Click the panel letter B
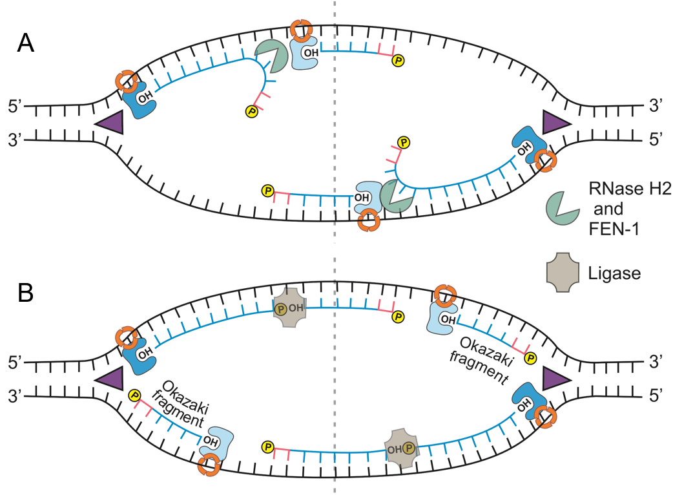pyautogui.click(x=26, y=292)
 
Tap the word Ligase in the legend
pyautogui.click(x=615, y=273)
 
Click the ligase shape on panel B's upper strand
pyautogui.click(x=289, y=308)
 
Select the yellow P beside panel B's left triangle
pyautogui.click(x=136, y=395)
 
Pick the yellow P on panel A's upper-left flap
pyautogui.click(x=251, y=112)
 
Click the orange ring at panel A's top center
pyautogui.click(x=300, y=29)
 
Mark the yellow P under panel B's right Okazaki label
pyautogui.click(x=531, y=357)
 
